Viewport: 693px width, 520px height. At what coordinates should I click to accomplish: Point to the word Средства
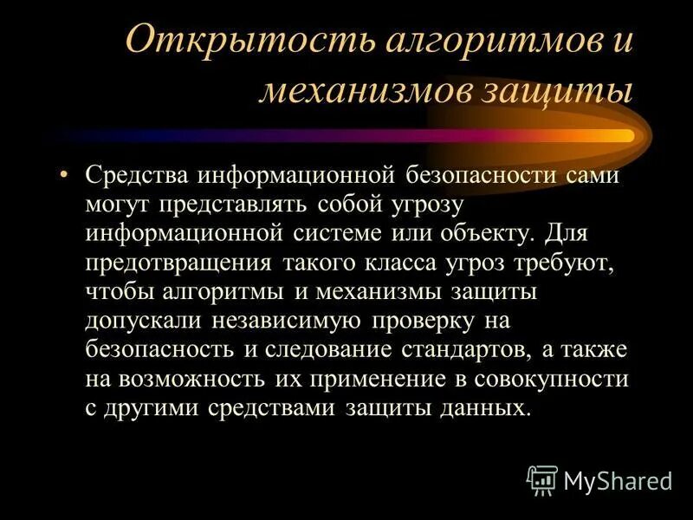138,176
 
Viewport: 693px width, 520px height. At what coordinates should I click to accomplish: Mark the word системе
340,234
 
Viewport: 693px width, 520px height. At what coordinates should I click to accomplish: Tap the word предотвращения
177,263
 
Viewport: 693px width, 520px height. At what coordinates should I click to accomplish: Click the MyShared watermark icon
541,479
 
